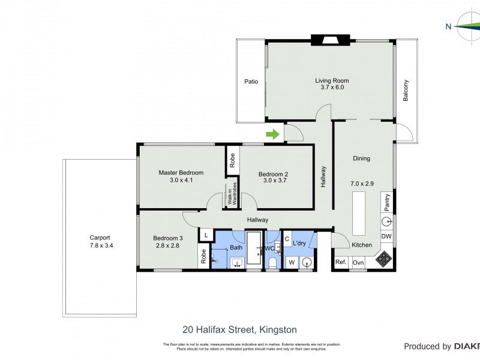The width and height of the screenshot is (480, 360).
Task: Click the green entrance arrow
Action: coord(272,134)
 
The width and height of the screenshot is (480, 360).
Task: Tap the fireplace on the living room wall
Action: coord(328,41)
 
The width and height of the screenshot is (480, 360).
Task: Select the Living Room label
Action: coord(332,80)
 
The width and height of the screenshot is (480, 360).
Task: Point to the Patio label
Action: coord(251,82)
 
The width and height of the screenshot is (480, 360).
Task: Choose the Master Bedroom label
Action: coord(181,173)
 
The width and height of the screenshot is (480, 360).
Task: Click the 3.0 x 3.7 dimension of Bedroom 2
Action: coord(274,182)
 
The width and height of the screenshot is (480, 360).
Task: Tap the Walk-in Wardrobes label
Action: coord(231,196)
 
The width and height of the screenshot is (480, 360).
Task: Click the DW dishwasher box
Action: coord(387,236)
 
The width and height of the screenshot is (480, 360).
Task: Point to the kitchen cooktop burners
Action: coord(383,260)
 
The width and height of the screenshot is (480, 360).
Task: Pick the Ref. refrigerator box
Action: coord(341,262)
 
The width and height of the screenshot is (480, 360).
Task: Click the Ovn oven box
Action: coord(358,262)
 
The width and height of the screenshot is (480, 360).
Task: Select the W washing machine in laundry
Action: coord(291,262)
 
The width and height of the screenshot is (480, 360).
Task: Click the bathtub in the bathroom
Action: coord(254,248)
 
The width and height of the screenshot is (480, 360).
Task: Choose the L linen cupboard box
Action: coord(206,236)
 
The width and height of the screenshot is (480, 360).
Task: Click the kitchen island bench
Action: coord(359,212)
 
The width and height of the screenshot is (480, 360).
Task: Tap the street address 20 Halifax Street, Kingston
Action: coord(239,329)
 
